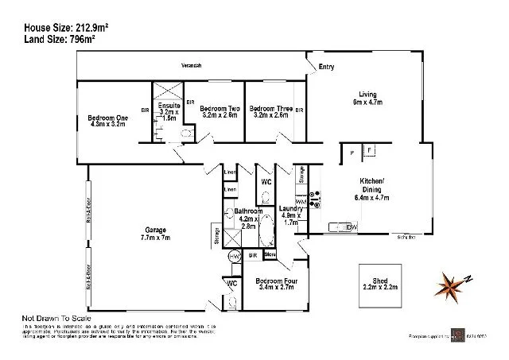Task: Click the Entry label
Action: click(x=326, y=68)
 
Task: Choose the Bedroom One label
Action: click(x=107, y=120)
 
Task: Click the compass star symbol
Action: click(x=452, y=283)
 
